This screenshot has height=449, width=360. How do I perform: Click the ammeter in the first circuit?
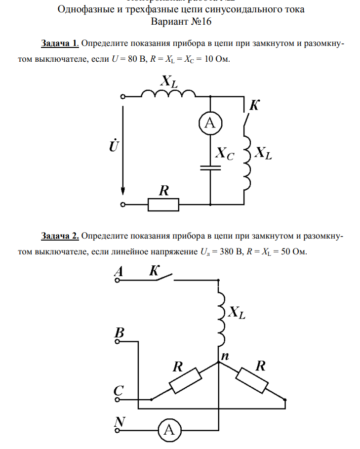tap(210, 124)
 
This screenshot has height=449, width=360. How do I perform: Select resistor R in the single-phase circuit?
tap(163, 204)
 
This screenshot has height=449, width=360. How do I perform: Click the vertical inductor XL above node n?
tap(221, 319)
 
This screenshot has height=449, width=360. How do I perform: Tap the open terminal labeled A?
tap(118, 281)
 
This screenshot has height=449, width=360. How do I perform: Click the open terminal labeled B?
tap(118, 340)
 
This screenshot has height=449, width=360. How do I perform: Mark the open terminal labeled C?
tap(118, 399)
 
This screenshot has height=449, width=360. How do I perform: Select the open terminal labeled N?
tap(118, 430)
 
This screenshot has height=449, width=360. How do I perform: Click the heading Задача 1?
tap(60, 43)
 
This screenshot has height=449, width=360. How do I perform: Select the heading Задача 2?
tap(60, 236)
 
